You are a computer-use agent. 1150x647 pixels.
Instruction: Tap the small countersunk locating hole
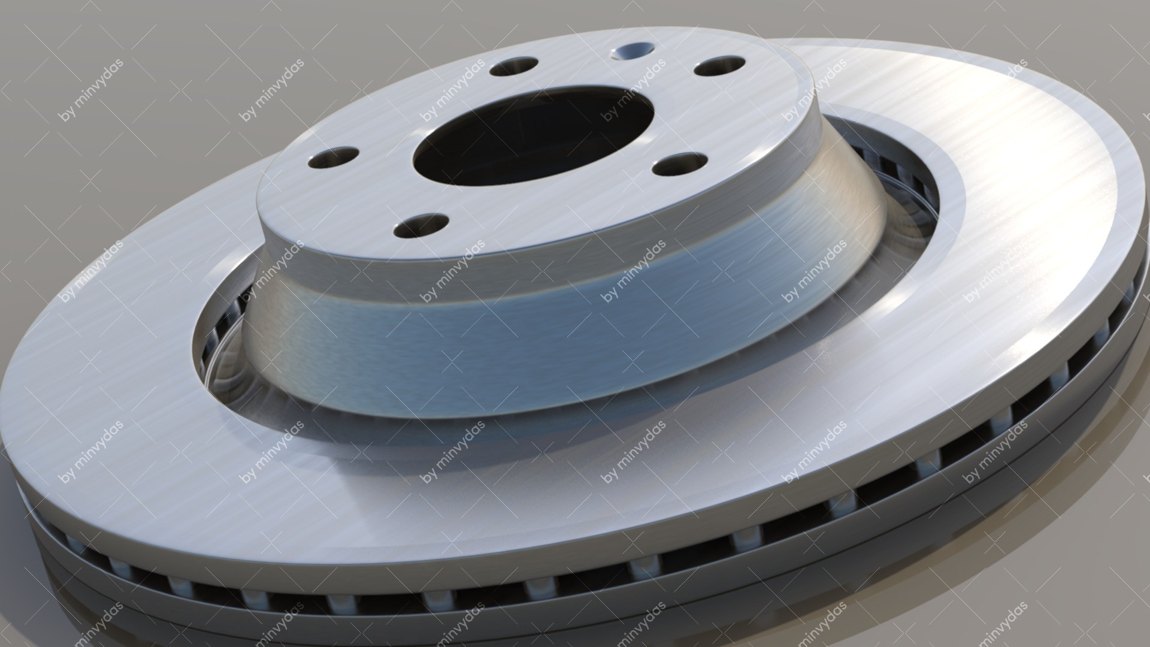tap(632, 52)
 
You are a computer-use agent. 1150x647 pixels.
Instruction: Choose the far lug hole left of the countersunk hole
tap(513, 66)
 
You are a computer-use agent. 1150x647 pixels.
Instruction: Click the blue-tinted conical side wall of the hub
tap(539, 335)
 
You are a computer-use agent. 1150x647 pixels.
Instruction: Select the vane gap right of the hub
tap(898, 180)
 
